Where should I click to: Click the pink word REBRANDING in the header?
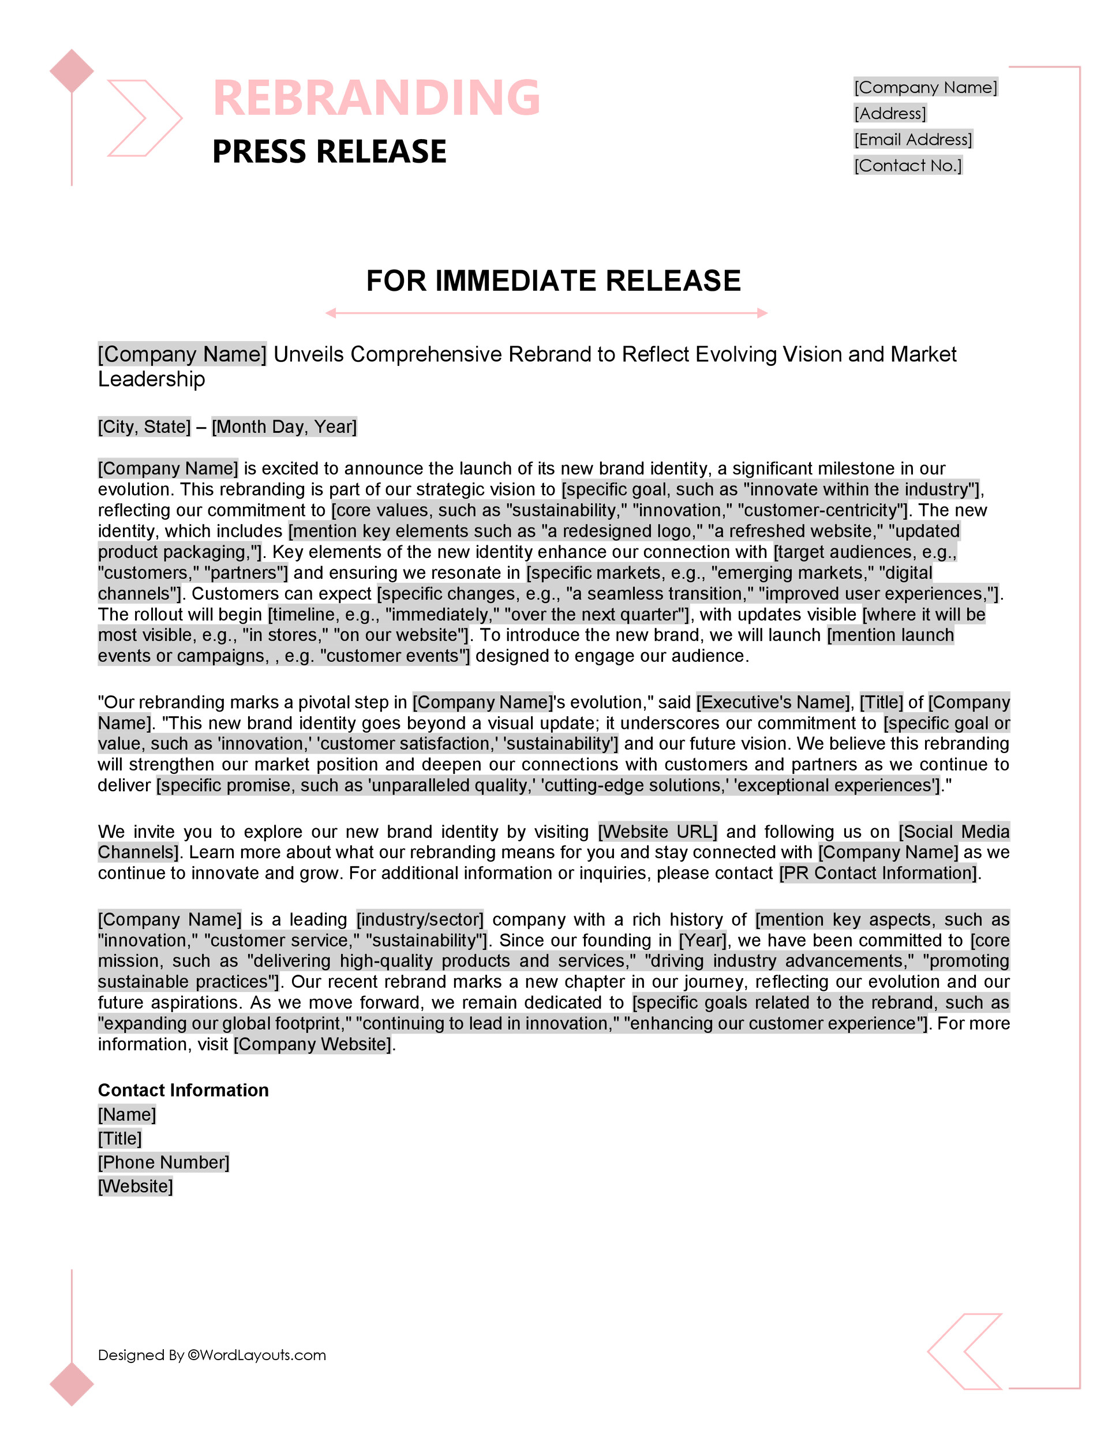pyautogui.click(x=376, y=97)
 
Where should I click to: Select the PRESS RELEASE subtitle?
pyautogui.click(x=329, y=152)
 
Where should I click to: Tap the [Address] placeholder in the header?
pyautogui.click(x=890, y=114)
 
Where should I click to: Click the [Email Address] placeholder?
pyautogui.click(x=913, y=139)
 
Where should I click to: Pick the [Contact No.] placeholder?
pyautogui.click(x=908, y=166)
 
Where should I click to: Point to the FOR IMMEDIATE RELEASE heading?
pyautogui.click(x=553, y=280)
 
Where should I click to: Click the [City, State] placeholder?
pyautogui.click(x=144, y=427)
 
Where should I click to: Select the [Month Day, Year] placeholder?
pyautogui.click(x=284, y=427)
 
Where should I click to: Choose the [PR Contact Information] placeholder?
pyautogui.click(x=879, y=873)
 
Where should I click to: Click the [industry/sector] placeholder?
pyautogui.click(x=420, y=919)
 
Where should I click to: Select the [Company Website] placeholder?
pyautogui.click(x=313, y=1044)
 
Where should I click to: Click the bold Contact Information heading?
pyautogui.click(x=184, y=1090)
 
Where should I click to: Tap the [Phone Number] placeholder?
pyautogui.click(x=163, y=1162)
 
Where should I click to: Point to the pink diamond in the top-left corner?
pyautogui.click(x=72, y=71)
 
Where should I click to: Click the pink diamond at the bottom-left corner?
pyautogui.click(x=72, y=1384)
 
